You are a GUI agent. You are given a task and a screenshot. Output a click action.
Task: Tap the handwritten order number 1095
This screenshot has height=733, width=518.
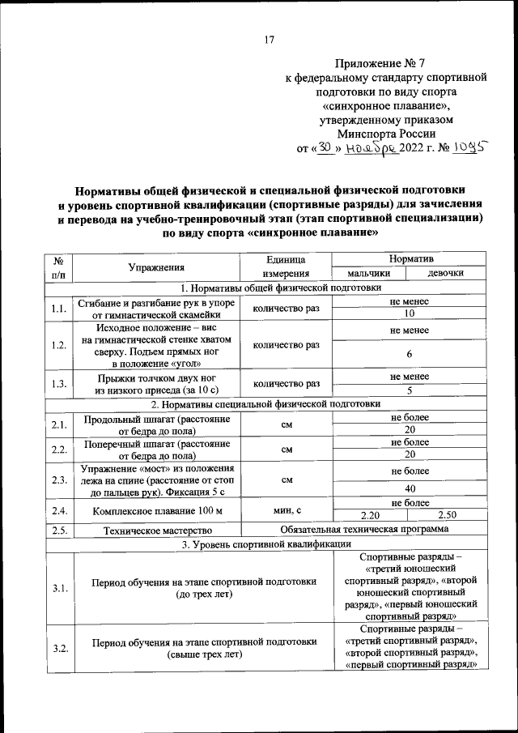[469, 148]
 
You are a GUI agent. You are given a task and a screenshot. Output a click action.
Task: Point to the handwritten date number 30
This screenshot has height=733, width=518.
[325, 149]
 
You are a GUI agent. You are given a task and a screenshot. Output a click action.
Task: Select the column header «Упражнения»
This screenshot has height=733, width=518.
[156, 266]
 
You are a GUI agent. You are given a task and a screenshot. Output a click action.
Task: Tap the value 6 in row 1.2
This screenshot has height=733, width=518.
[410, 355]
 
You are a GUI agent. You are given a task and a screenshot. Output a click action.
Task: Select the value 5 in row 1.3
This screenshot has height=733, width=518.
[410, 390]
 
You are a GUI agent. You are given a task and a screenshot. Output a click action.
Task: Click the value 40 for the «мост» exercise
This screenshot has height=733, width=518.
[410, 489]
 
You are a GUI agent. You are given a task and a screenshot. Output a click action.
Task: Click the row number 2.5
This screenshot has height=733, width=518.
[58, 530]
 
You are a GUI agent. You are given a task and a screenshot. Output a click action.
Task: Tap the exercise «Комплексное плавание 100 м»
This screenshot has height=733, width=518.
[156, 511]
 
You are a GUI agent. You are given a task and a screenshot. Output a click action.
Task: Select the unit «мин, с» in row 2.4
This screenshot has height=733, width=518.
[287, 509]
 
